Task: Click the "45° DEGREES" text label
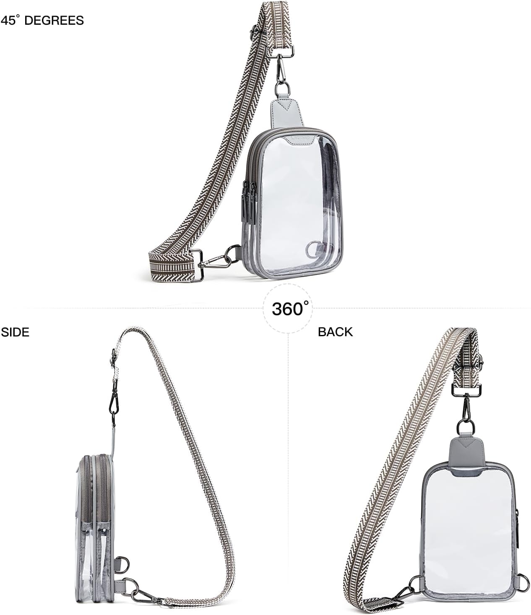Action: click(42, 20)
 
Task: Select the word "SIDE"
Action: click(15, 332)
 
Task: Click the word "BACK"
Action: click(335, 332)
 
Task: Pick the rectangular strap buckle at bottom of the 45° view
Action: click(199, 264)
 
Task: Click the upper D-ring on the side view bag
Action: click(122, 563)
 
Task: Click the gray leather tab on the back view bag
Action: click(467, 454)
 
